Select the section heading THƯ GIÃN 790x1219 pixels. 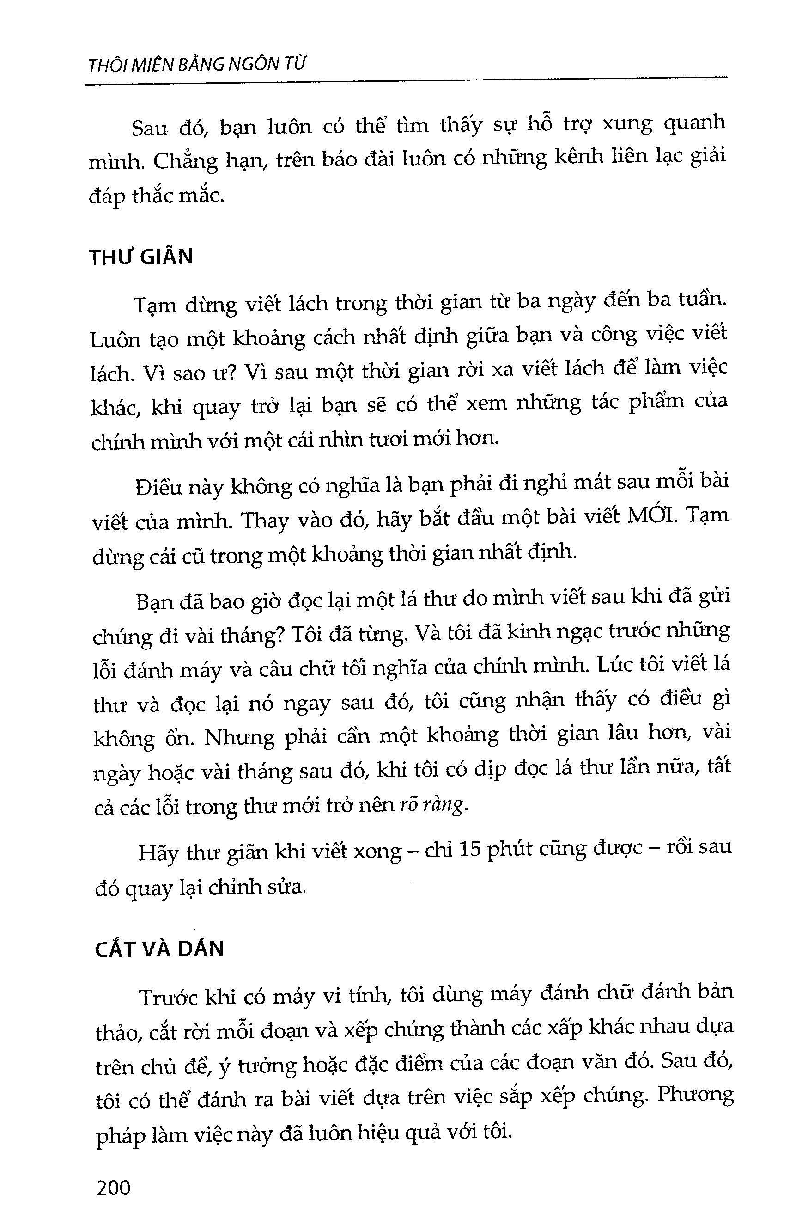(x=141, y=257)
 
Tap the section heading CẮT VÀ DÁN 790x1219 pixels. (x=159, y=949)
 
